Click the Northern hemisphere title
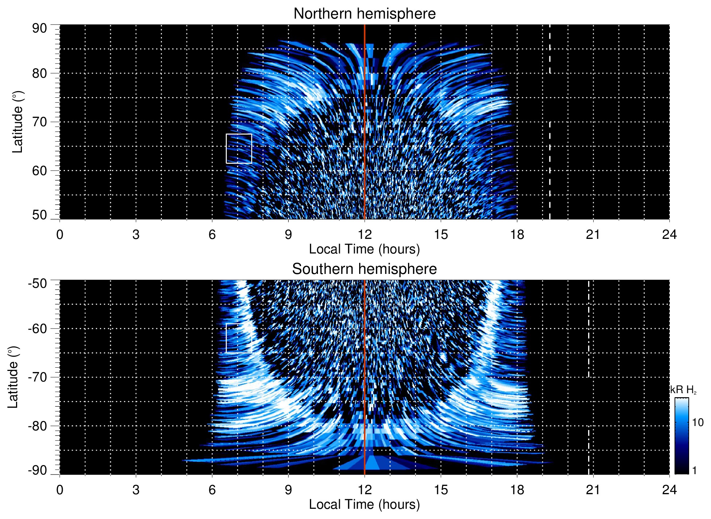(x=364, y=14)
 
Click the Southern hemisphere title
(x=364, y=269)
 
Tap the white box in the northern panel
(x=239, y=148)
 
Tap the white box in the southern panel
(x=239, y=338)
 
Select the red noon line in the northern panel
(x=365, y=109)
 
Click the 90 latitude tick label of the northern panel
(x=39, y=28)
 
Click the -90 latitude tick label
(x=38, y=470)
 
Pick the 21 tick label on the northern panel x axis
(x=593, y=235)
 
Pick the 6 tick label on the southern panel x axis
(x=212, y=490)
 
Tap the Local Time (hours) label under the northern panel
(x=364, y=249)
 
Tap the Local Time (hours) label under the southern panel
(x=364, y=504)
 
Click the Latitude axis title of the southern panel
(x=13, y=377)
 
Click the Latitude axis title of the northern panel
(x=18, y=122)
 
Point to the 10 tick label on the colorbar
(x=698, y=423)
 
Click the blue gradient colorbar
(x=681, y=436)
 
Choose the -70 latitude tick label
(x=38, y=377)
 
